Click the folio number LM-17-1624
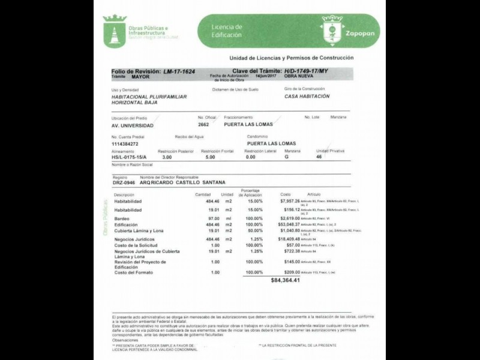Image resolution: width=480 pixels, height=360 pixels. [x=179, y=71]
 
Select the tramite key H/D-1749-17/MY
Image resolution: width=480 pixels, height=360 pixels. [x=307, y=71]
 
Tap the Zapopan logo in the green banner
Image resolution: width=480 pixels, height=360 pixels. [x=332, y=31]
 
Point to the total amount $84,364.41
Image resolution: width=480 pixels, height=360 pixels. [x=285, y=280]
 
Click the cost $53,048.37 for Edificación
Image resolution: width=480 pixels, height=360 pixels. [x=286, y=224]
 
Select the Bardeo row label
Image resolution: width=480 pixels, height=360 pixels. [x=122, y=218]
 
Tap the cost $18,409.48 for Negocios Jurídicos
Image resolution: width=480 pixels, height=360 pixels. [x=286, y=239]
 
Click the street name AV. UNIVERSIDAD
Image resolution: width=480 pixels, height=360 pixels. [x=133, y=125]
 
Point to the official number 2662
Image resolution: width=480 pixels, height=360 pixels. [x=204, y=125]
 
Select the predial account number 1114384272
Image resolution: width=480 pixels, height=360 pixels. [x=125, y=144]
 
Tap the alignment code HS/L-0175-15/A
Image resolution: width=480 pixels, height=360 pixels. [x=128, y=157]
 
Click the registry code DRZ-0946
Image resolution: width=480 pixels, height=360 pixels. [x=124, y=182]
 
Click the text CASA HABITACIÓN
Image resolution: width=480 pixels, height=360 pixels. [x=307, y=96]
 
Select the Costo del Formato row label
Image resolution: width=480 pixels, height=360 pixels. [x=134, y=272]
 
